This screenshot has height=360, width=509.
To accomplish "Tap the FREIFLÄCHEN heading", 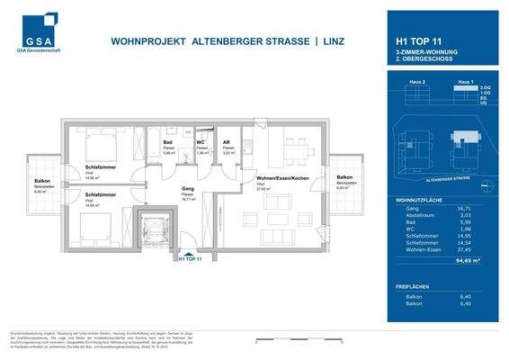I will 415,287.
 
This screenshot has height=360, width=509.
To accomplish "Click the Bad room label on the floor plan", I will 167,142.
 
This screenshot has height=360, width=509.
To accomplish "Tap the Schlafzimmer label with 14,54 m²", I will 100,194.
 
